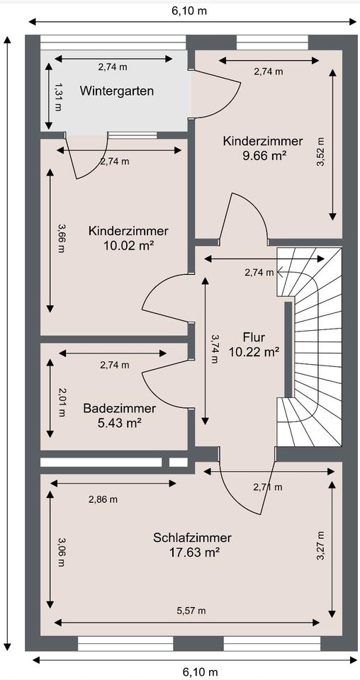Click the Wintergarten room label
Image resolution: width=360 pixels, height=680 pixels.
[x=117, y=91]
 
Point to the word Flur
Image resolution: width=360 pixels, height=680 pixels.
[x=254, y=337]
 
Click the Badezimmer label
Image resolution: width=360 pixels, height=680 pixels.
[x=120, y=408]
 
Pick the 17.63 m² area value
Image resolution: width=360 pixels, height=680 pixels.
[x=193, y=552]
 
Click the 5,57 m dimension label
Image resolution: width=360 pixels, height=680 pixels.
[x=191, y=611]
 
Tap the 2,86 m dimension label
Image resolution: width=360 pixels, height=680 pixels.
[x=103, y=499]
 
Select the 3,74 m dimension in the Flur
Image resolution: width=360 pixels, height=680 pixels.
[x=215, y=348]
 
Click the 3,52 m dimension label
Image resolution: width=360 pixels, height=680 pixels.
[x=321, y=152]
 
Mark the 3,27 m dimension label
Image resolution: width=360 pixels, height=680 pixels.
[x=321, y=545]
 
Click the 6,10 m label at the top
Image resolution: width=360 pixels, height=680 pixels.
[x=189, y=11]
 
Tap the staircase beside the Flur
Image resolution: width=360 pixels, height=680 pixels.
[x=309, y=347]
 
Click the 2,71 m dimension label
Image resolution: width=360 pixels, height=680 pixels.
[x=268, y=487]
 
